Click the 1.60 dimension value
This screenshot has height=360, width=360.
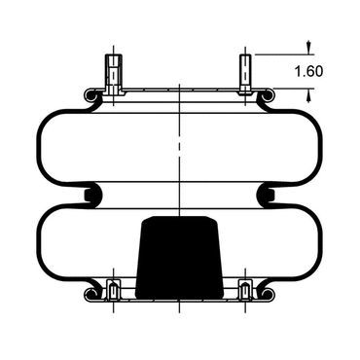308,71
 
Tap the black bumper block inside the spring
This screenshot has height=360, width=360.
179,258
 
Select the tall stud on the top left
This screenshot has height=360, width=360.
113,75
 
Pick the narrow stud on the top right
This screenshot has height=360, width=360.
245,74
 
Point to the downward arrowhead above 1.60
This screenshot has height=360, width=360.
308,48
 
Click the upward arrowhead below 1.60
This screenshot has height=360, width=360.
308,96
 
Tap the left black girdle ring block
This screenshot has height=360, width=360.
89,196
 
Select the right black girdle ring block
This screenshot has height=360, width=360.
270,196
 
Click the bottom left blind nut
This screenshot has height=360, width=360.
113,290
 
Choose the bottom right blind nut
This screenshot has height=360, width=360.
245,290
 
